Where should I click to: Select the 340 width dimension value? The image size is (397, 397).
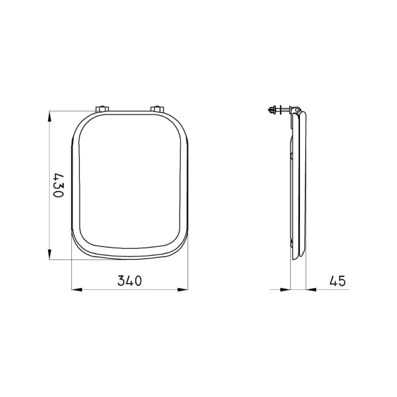click(129, 281)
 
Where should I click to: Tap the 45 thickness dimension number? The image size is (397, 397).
click(336, 281)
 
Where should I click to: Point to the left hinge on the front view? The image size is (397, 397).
click(102, 109)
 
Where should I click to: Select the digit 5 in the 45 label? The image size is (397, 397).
click(341, 281)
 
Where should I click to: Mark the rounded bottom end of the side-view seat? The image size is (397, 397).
click(301, 256)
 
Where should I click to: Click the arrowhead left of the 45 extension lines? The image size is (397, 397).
click(286, 290)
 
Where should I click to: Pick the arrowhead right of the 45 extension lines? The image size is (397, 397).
click(311, 290)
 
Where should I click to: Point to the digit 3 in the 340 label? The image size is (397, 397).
click(121, 281)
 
